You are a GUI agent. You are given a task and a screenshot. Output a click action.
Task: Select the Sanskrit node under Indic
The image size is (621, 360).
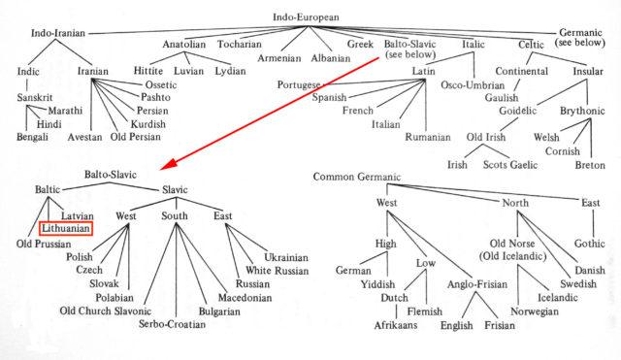[x=38, y=98]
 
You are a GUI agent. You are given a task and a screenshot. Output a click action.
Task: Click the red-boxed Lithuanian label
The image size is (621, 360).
[x=65, y=227]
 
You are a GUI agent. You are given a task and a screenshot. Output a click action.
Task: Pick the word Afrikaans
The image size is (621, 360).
[x=394, y=326]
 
